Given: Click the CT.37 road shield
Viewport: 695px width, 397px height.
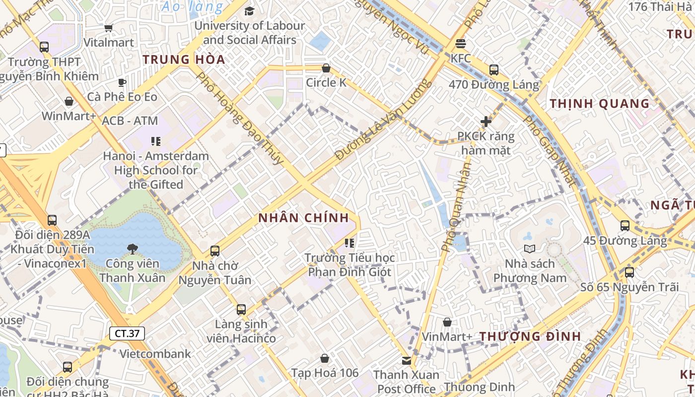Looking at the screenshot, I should coord(127,333).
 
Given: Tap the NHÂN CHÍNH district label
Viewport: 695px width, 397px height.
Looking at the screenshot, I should coord(303,218).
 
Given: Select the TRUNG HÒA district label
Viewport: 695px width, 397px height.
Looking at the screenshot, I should coord(184,60).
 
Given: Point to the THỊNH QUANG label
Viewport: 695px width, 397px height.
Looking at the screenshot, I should coord(600,104).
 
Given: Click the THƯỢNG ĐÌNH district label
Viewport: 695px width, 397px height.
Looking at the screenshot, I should coord(530,336).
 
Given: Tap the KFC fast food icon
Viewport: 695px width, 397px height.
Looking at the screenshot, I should coord(461,43).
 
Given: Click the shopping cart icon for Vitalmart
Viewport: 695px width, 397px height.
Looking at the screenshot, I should coord(108,28).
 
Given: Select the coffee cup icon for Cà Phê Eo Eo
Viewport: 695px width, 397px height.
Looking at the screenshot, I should coord(122,82).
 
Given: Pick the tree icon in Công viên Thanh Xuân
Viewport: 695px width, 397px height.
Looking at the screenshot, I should coord(132,249).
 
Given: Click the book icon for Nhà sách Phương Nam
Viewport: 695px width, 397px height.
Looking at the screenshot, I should coord(530,249).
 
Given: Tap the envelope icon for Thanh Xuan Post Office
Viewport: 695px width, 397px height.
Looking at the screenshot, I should coord(407,360).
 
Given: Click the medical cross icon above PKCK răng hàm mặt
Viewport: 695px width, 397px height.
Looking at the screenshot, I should coord(486,121).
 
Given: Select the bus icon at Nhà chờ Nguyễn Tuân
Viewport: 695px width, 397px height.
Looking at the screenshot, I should coord(214,251).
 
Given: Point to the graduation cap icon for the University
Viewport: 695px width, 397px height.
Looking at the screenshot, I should coord(249,11).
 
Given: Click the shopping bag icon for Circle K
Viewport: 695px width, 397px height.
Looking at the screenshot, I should coord(326,68).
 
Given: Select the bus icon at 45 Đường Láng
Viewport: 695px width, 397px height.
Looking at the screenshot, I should coord(625,226).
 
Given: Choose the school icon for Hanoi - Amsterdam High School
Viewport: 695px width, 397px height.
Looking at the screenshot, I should coord(156,141).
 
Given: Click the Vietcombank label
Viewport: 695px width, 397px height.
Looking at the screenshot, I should coord(155,354).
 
